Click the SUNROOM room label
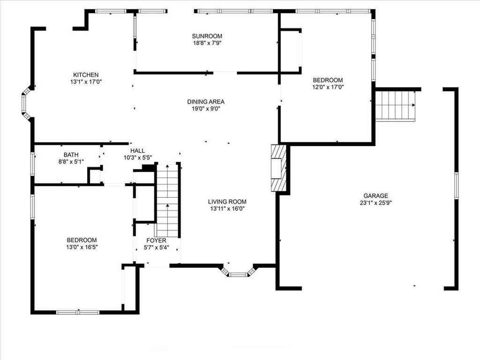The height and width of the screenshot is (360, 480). point(207,36)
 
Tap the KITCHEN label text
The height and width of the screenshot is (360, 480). point(86,75)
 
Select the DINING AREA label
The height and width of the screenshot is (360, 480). point(206,102)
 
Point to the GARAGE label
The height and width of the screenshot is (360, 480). point(375,195)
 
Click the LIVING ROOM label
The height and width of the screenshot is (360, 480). point(227,202)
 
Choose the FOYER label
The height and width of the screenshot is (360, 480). point(156,240)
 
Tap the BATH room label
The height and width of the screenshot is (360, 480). point(71,155)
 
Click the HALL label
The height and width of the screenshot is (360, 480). point(137,150)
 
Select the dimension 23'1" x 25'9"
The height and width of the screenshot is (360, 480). point(376,202)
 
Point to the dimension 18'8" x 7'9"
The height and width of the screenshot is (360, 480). point(207,43)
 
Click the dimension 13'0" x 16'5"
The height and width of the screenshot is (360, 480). point(82,247)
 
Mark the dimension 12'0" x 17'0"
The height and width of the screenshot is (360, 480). point(328,87)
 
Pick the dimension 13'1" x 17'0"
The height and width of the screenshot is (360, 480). point(86,82)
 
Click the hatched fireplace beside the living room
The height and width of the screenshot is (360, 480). point(278,168)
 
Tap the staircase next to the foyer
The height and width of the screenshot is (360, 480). point(167,200)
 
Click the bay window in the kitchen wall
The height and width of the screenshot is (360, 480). point(27,103)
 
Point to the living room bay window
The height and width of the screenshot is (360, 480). point(238,272)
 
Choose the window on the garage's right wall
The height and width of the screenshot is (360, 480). point(456,186)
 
